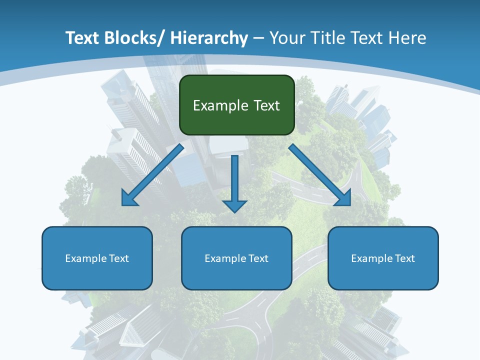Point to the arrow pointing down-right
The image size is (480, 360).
[x=320, y=175]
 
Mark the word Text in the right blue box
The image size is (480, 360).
[x=404, y=258]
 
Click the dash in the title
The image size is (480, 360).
[x=258, y=38]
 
